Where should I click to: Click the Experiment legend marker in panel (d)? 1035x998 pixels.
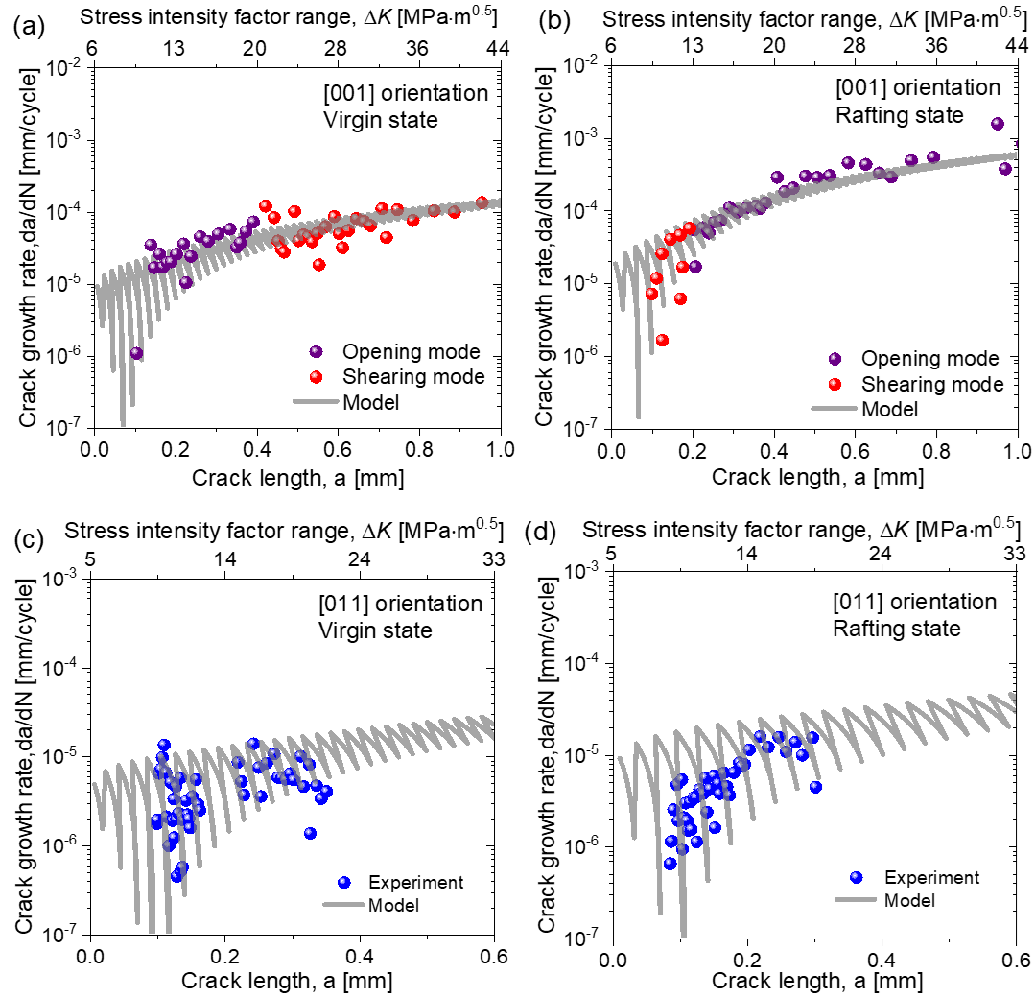(858, 877)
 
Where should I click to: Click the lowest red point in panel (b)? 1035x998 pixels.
(662, 340)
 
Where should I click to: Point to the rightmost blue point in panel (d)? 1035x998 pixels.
(815, 787)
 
